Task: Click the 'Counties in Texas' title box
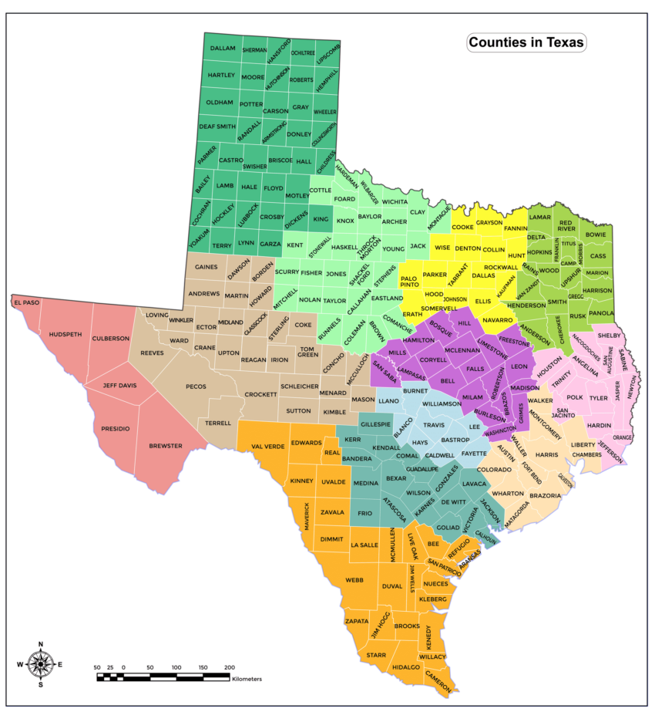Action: coord(526,42)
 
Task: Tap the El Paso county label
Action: coord(26,302)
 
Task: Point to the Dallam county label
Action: coord(222,48)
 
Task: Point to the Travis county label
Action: coord(434,425)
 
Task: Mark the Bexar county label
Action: coord(396,478)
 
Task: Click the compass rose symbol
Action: coord(40,663)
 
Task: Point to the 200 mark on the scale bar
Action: coord(229,666)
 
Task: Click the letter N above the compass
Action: coord(40,644)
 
